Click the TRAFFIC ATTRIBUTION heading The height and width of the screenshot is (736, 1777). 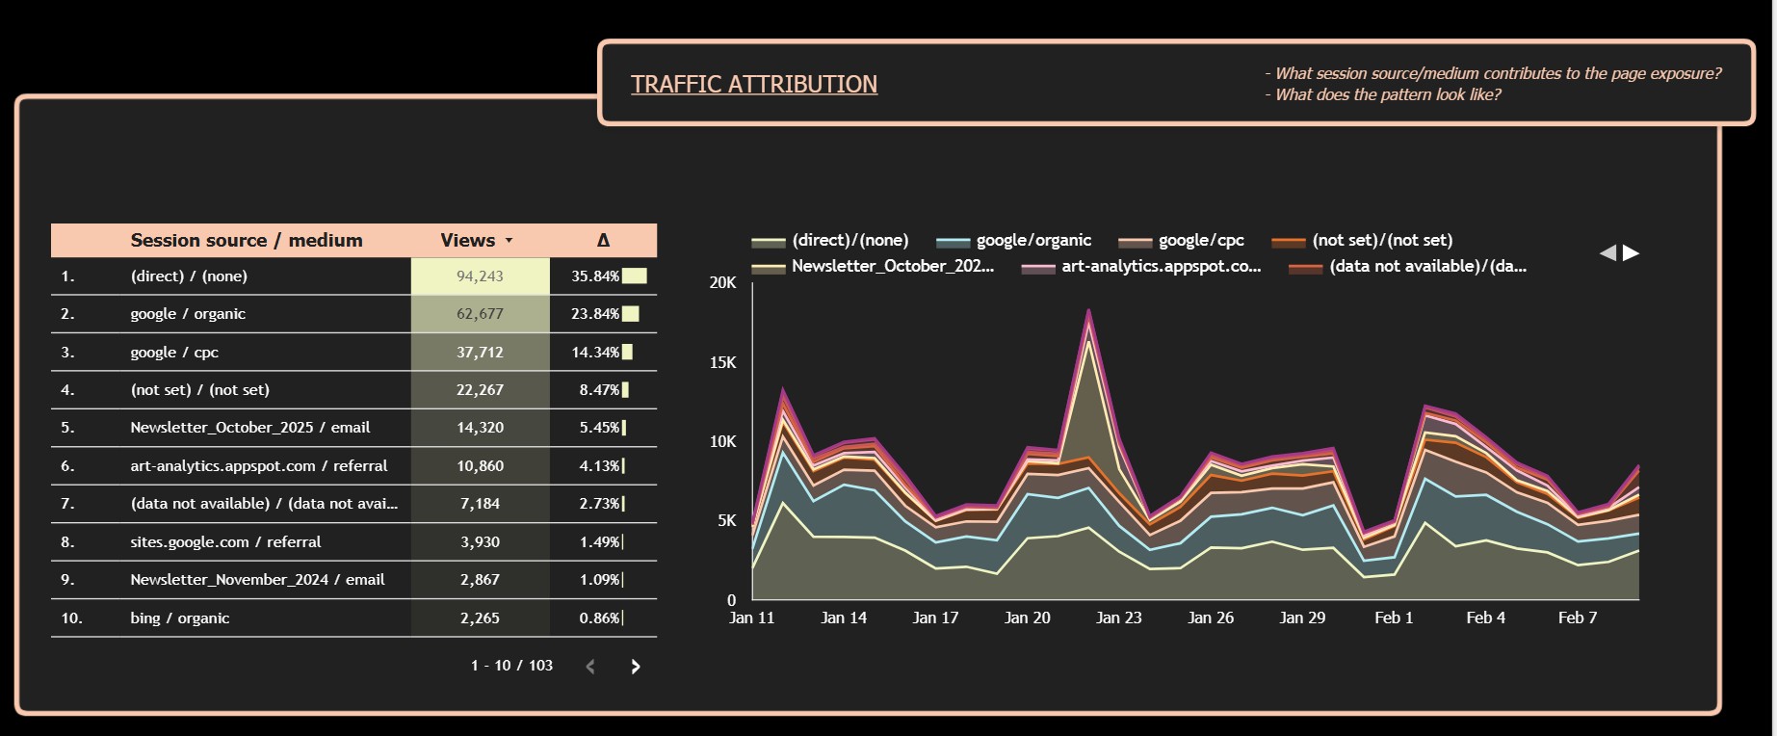(x=754, y=85)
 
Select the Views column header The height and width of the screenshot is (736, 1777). (x=468, y=241)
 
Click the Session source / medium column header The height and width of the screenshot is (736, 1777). (x=247, y=241)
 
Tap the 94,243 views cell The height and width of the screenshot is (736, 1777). (x=480, y=276)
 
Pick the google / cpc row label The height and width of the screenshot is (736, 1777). (x=174, y=353)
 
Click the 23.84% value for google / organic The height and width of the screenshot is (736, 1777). (x=594, y=314)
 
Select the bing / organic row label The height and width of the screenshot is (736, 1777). (x=180, y=618)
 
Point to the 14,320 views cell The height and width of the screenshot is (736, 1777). (x=480, y=428)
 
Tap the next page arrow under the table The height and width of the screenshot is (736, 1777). (x=635, y=667)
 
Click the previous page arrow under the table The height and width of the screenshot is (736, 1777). (x=590, y=667)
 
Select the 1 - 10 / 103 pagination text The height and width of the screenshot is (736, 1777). (x=511, y=666)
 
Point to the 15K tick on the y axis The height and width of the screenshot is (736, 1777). (x=722, y=362)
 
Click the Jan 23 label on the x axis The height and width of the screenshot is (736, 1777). (x=1118, y=618)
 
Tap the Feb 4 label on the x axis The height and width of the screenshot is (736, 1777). (x=1485, y=618)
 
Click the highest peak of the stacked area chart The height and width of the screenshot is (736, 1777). (x=1088, y=311)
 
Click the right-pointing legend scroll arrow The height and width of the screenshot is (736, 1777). (x=1631, y=253)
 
